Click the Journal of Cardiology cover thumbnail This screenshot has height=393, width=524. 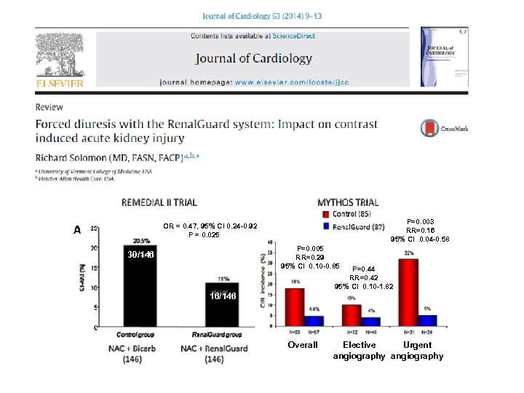point(443,57)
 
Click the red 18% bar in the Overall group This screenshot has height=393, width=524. point(294,307)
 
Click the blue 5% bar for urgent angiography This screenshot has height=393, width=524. point(426,320)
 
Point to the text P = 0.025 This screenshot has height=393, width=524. point(209,234)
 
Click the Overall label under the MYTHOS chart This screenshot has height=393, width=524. point(303,345)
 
